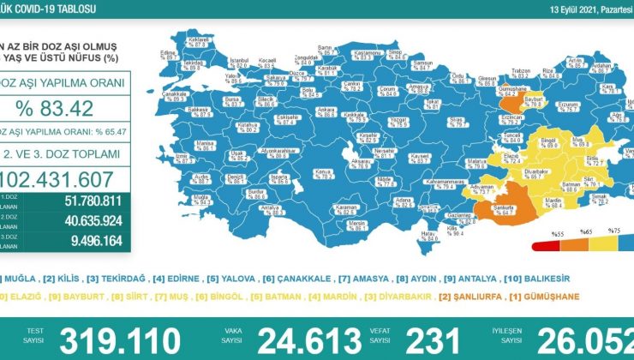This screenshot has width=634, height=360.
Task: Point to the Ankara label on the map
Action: coord(302,109)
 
